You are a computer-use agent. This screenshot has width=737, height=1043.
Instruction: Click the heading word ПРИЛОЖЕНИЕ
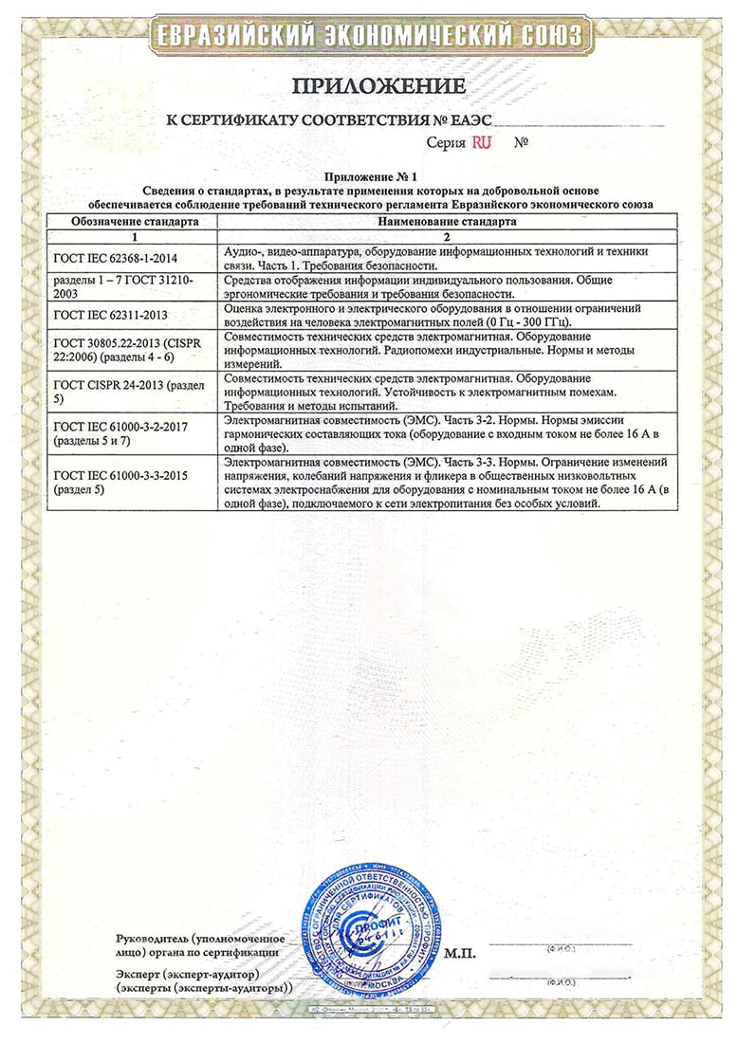coord(378,86)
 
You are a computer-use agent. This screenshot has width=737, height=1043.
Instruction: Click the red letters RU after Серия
coord(482,142)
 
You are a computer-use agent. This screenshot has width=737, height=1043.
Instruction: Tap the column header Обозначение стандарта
coord(134,220)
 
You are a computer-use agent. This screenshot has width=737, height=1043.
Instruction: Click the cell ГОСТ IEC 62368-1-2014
coord(117,258)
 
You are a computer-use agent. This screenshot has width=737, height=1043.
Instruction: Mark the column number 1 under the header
coord(134,234)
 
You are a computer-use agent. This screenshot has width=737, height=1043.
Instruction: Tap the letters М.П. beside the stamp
coord(461,951)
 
